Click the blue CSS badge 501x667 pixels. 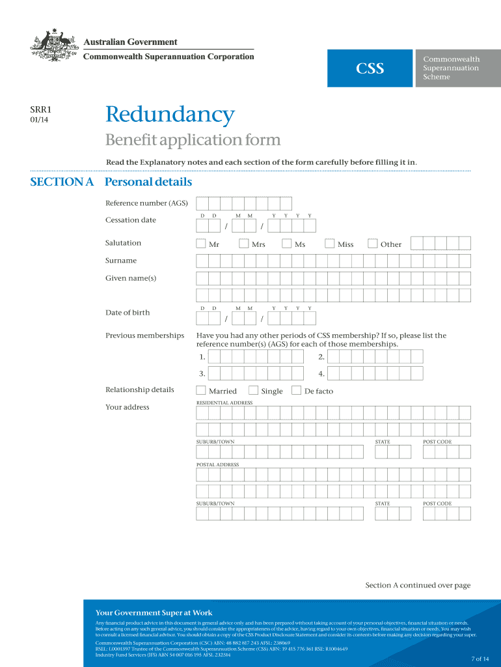[x=370, y=68]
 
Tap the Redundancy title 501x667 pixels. [x=170, y=115]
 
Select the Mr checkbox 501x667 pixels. [x=201, y=244]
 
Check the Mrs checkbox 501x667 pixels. [x=244, y=244]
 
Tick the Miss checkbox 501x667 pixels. [x=330, y=244]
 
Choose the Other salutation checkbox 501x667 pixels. [x=373, y=244]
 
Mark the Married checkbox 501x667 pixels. [x=201, y=391]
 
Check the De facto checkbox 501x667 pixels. [x=297, y=391]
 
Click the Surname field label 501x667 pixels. [x=121, y=261]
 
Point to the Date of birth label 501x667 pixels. [x=128, y=313]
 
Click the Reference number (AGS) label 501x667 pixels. [x=146, y=203]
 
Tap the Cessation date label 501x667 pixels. [x=131, y=220]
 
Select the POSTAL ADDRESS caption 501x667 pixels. [x=218, y=465]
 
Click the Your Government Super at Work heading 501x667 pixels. [x=154, y=613]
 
